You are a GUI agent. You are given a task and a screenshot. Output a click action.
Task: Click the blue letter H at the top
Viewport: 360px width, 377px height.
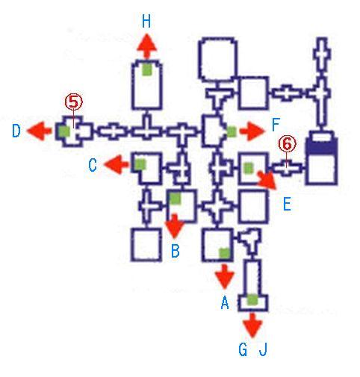pyautogui.click(x=146, y=21)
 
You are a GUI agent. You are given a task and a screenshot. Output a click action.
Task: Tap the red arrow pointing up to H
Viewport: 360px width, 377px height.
pyautogui.click(x=147, y=47)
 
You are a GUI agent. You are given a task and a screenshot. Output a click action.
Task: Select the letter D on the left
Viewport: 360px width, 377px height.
pyautogui.click(x=16, y=131)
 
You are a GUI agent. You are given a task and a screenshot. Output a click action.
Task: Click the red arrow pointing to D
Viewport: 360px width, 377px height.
pyautogui.click(x=40, y=131)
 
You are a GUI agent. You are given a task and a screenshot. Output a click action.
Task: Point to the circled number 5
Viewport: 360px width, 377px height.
pyautogui.click(x=74, y=102)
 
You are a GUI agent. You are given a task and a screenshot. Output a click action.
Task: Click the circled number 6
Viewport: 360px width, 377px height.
pyautogui.click(x=287, y=143)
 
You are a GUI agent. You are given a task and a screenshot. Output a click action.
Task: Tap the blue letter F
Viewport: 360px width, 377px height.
pyautogui.click(x=276, y=125)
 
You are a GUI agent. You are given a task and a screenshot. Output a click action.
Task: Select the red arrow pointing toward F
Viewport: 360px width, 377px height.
pyautogui.click(x=252, y=131)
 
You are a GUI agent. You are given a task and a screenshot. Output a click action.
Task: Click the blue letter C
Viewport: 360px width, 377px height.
pyautogui.click(x=93, y=165)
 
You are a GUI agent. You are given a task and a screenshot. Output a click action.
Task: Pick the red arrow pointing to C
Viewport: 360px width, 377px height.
pyautogui.click(x=117, y=164)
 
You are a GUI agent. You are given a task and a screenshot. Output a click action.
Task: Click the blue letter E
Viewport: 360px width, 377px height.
pyautogui.click(x=287, y=205)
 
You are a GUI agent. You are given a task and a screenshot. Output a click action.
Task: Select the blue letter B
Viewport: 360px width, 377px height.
pyautogui.click(x=176, y=251)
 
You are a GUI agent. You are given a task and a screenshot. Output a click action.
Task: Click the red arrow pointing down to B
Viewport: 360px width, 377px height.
pyautogui.click(x=175, y=225)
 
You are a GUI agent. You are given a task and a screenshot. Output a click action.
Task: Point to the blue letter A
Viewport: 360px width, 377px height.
pyautogui.click(x=225, y=302)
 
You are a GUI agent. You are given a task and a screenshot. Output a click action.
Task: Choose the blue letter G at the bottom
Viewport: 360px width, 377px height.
pyautogui.click(x=243, y=349)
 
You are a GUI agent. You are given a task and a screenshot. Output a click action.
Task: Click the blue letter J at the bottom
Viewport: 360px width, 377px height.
pyautogui.click(x=263, y=349)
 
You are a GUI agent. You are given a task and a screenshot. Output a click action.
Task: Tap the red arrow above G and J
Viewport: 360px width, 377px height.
pyautogui.click(x=252, y=325)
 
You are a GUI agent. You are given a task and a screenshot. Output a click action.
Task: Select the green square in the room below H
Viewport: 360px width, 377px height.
pyautogui.click(x=147, y=69)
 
